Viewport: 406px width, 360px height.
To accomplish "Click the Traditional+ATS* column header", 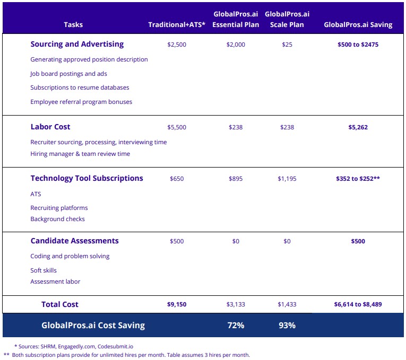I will pyautogui.click(x=177, y=25).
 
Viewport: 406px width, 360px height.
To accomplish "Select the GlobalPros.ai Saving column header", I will pyautogui.click(x=358, y=25).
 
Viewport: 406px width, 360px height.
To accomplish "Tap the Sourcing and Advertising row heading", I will pyautogui.click(x=77, y=45).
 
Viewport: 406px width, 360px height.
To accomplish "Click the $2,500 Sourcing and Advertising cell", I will pyautogui.click(x=177, y=45).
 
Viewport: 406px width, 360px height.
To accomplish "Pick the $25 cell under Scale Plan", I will pyautogui.click(x=287, y=45).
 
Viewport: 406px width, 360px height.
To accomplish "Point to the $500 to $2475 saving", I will pyautogui.click(x=358, y=45).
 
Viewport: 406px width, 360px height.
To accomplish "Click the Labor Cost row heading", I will pyautogui.click(x=50, y=127).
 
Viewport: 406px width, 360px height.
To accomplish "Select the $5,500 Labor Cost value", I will pyautogui.click(x=177, y=127).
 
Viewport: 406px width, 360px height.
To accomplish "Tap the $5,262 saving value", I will pyautogui.click(x=358, y=127).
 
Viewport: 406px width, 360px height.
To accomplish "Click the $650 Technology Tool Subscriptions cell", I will pyautogui.click(x=177, y=179).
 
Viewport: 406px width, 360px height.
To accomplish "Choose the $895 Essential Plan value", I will pyautogui.click(x=236, y=179).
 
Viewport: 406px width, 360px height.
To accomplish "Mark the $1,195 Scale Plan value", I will pyautogui.click(x=287, y=179).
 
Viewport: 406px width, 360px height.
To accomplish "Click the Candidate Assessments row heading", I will pyautogui.click(x=74, y=241).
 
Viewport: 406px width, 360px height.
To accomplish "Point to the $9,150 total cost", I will pyautogui.click(x=177, y=304).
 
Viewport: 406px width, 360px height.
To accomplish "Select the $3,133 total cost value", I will pyautogui.click(x=236, y=304).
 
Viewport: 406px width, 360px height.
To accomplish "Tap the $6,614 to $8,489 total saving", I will pyautogui.click(x=358, y=304).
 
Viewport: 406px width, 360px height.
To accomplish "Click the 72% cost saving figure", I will pyautogui.click(x=236, y=326).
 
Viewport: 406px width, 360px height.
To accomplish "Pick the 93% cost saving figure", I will pyautogui.click(x=287, y=326).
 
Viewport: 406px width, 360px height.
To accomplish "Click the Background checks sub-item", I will pyautogui.click(x=57, y=219).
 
